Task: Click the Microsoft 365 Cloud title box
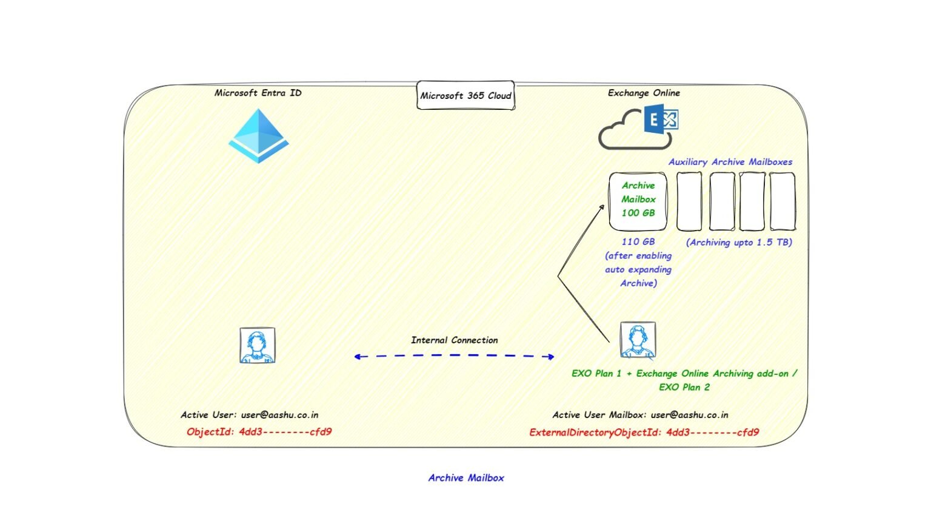(465, 96)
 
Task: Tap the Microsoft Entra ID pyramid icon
(259, 136)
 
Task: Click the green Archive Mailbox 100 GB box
(638, 201)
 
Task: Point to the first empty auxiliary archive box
(689, 201)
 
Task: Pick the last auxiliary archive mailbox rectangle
(782, 201)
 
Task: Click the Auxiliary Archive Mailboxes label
(730, 162)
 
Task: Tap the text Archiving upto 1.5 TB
(739, 242)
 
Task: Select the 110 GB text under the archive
(638, 241)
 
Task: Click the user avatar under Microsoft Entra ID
(258, 346)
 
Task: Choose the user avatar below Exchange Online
(638, 340)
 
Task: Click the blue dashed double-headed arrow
(454, 357)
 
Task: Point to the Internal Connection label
(454, 340)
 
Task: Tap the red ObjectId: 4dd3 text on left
(259, 432)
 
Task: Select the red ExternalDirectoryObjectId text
(644, 433)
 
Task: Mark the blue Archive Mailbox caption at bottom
(465, 478)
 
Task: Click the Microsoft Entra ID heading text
(258, 93)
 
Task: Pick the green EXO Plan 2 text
(684, 387)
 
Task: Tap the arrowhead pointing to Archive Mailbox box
(602, 207)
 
